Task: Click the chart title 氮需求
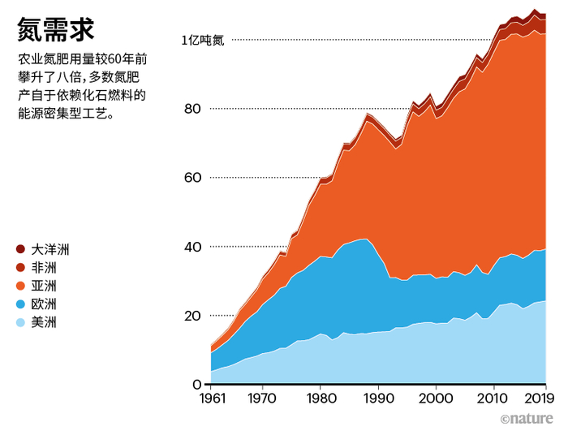tap(55, 29)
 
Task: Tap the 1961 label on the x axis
tap(211, 399)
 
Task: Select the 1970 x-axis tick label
tap(261, 399)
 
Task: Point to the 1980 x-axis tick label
tap(320, 399)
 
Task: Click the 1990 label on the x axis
tap(378, 399)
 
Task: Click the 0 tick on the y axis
tap(196, 384)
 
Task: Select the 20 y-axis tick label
tap(191, 316)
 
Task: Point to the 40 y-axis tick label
tap(191, 247)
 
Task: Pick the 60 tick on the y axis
tap(191, 178)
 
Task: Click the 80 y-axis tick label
tap(191, 109)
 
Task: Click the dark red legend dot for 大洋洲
tap(21, 248)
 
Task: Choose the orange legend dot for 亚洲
tap(21, 286)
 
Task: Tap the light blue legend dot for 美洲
tap(21, 323)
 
